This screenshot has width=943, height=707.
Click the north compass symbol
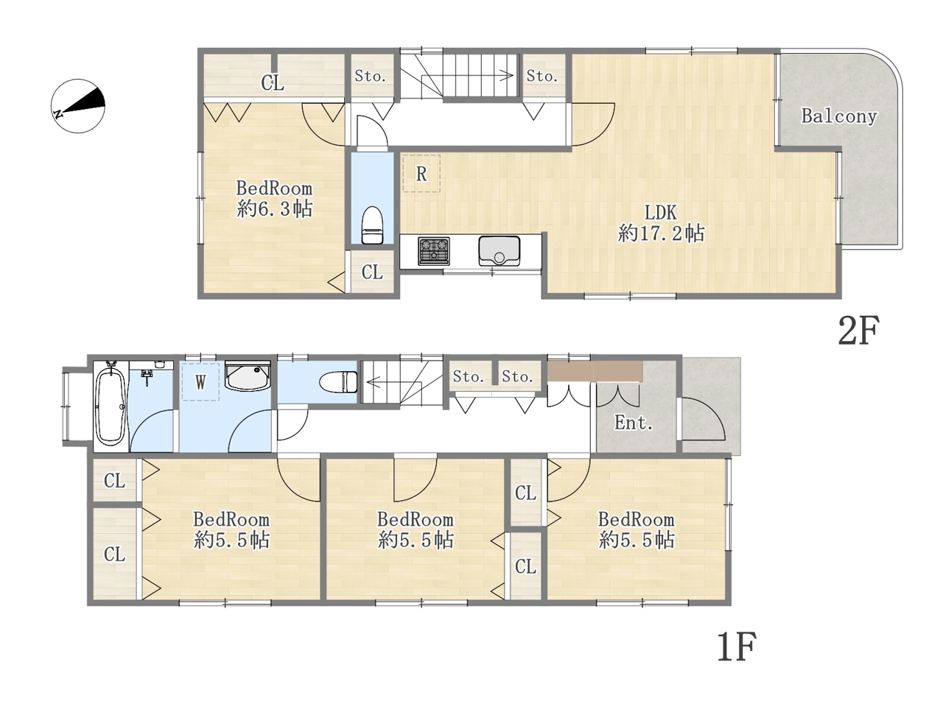coord(78,105)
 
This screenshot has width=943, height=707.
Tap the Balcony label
coord(838,116)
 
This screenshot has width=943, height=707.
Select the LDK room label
coord(660,213)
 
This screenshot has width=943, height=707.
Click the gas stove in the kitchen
coord(433,250)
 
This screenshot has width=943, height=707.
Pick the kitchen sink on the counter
coord(499,251)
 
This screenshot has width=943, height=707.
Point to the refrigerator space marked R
coord(421,173)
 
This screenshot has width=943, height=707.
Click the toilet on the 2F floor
coord(372,225)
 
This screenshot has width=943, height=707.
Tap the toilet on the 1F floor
coord(339,381)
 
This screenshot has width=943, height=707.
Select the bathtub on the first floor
coord(111,406)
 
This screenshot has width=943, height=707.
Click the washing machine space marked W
coord(200,381)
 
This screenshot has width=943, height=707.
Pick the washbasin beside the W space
coord(248,376)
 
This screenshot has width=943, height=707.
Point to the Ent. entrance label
coord(634,423)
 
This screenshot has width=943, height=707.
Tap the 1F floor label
coord(737,646)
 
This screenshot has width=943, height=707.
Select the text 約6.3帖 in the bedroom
coord(275,209)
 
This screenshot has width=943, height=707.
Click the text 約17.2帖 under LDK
coord(661,233)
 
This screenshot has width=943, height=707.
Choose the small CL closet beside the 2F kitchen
coord(372,271)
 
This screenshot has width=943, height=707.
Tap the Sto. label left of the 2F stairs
coord(370,77)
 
